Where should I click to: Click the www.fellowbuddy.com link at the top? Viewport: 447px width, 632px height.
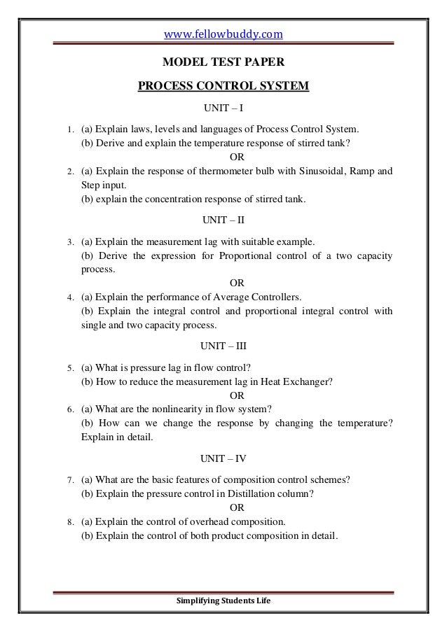pos(224,33)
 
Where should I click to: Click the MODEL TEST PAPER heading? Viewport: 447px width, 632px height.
pos(224,62)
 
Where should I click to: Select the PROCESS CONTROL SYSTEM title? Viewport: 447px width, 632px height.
pos(224,87)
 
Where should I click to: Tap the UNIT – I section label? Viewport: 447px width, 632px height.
pos(224,110)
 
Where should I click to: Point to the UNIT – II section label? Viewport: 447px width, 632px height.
pos(224,219)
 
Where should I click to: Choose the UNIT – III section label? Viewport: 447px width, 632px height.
pos(224,346)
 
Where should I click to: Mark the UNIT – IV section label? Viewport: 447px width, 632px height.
pos(224,459)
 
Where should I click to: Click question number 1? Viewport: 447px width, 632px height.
pos(69,130)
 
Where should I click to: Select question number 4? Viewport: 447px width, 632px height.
pos(69,297)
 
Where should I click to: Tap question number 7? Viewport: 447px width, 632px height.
pos(69,481)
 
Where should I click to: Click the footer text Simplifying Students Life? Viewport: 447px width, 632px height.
pos(224,602)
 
